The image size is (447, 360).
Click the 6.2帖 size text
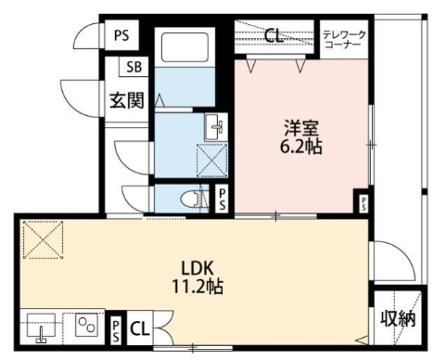pyautogui.click(x=300, y=147)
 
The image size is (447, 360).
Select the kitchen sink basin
pyautogui.click(x=41, y=328)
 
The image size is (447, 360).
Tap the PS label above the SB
pyautogui.click(x=121, y=35)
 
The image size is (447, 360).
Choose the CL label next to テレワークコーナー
pyautogui.click(x=273, y=37)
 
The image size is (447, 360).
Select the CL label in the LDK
pyautogui.click(x=139, y=328)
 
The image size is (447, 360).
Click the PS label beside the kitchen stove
pyautogui.click(x=114, y=328)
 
